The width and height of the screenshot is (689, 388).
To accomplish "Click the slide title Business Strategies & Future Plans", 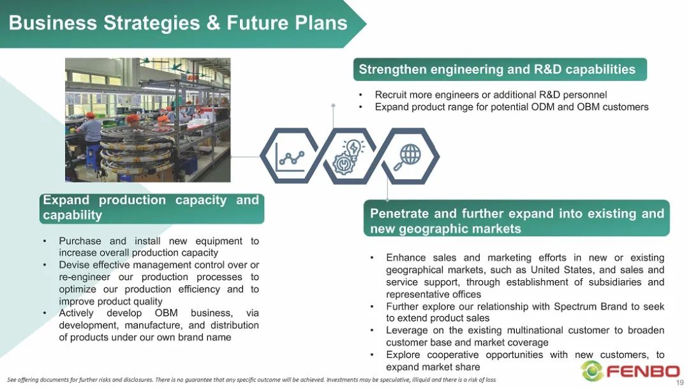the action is coord(178,22).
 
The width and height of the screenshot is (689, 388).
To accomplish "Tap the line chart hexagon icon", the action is coord(290,156).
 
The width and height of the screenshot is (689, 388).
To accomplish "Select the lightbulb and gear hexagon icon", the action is coord(350,156).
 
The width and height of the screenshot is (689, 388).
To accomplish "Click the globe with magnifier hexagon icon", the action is coord(410,156).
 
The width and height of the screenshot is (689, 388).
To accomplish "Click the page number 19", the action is coord(680,383).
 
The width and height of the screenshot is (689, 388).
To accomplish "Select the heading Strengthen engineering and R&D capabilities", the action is coord(497,70).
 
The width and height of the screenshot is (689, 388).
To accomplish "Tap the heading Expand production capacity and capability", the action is coord(151,207).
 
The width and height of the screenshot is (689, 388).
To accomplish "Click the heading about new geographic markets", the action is coord(517,221).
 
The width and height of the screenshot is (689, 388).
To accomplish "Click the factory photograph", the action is coord(147,120).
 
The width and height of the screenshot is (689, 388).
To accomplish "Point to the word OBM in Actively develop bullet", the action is coord(166,313).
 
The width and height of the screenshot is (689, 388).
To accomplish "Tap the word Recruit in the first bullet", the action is coord(390,95).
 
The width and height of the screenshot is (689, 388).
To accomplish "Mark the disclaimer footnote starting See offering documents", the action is coord(252,380).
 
